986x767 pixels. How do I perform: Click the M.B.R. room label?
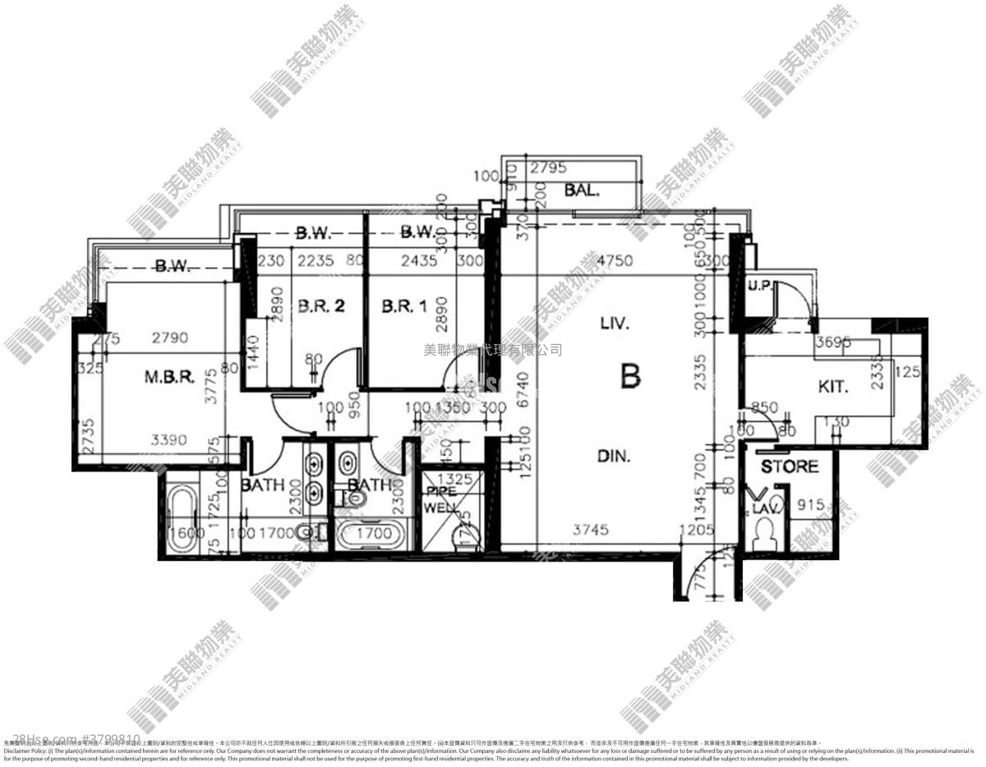click(169, 378)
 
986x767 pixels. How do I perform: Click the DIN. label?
click(614, 457)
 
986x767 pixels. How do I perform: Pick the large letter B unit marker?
click(630, 376)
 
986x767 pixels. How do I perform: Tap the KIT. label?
click(833, 386)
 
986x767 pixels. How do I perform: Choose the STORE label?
click(789, 466)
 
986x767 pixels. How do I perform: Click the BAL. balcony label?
click(582, 191)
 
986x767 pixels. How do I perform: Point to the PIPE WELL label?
click(441, 499)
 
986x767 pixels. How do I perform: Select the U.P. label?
click(758, 285)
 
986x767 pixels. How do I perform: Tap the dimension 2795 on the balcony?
click(548, 168)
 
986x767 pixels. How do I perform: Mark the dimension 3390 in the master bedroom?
click(170, 440)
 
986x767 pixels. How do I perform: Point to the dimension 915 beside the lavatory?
click(812, 506)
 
